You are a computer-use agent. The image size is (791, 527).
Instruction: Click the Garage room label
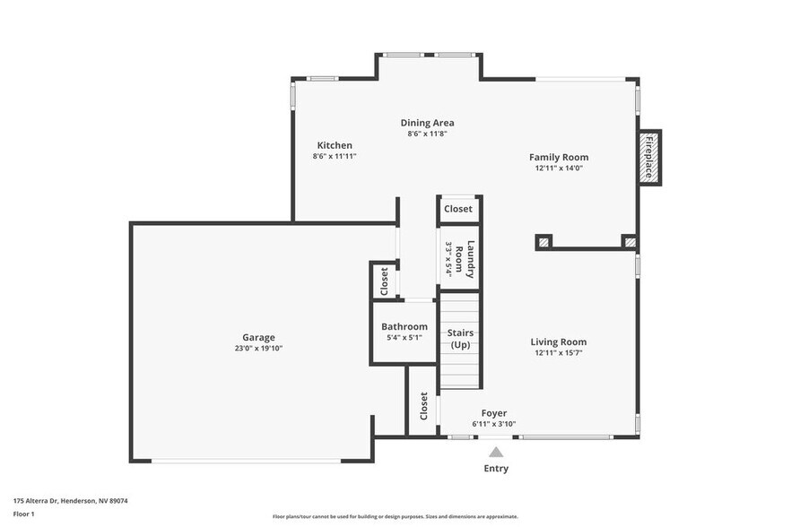(x=258, y=338)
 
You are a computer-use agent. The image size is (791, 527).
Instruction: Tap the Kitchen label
(x=335, y=145)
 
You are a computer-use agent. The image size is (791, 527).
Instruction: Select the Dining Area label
(x=427, y=123)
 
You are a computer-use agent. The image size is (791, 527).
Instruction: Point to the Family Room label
(x=559, y=157)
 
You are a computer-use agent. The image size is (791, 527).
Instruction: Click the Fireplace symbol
(x=649, y=158)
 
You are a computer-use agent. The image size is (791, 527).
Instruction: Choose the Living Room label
(x=559, y=341)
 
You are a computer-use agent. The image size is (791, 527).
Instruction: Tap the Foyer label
(x=494, y=413)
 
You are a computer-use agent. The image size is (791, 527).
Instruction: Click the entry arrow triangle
(x=496, y=453)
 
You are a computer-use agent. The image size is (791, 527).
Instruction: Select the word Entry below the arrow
(x=496, y=468)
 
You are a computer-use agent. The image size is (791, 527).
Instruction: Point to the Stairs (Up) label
(x=461, y=339)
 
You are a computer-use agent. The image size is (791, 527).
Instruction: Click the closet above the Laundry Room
(x=458, y=209)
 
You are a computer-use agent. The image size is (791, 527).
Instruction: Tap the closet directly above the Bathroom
(x=385, y=281)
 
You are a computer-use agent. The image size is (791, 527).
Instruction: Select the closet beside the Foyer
(x=423, y=407)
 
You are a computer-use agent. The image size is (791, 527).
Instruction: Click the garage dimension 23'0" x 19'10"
(x=258, y=349)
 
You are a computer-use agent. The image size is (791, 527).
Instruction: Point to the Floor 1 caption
(x=24, y=514)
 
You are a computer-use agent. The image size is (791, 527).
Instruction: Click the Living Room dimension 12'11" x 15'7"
(x=559, y=352)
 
